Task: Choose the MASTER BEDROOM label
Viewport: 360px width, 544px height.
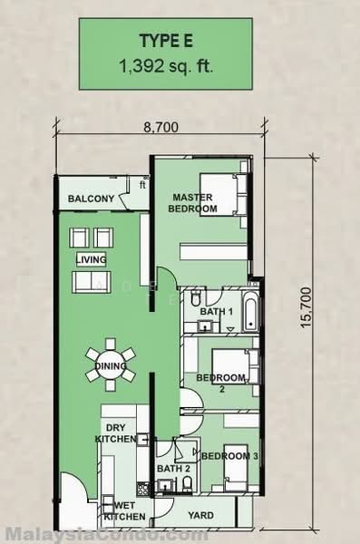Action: point(193,202)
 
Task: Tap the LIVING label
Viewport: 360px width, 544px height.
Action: point(91,260)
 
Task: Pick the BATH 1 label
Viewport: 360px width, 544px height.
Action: point(218,312)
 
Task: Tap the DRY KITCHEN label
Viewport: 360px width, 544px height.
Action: point(115,433)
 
